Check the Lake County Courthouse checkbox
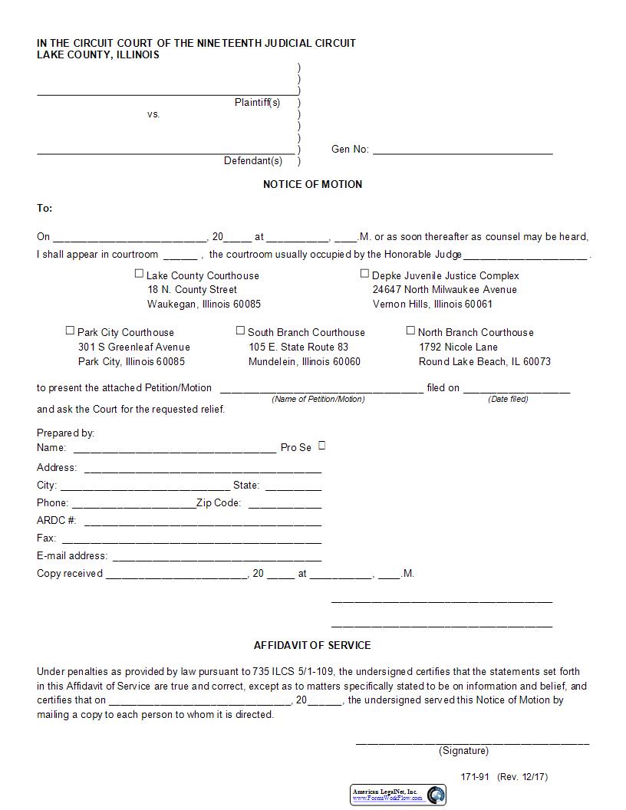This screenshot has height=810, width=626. [x=139, y=273]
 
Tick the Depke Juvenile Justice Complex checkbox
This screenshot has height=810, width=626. [x=365, y=273]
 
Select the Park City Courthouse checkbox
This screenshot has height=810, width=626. [x=70, y=331]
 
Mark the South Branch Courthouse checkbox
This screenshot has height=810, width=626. [x=240, y=331]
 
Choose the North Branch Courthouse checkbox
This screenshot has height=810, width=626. [x=410, y=331]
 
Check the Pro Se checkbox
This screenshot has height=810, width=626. [x=321, y=445]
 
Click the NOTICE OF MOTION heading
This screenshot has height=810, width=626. [x=312, y=184]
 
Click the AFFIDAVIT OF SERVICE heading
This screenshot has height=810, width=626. [x=312, y=645]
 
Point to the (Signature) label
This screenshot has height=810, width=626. [x=463, y=751]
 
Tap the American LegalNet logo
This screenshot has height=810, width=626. [x=398, y=795]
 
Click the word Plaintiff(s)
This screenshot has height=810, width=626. [x=257, y=102]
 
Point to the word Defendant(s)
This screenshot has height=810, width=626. [x=253, y=161]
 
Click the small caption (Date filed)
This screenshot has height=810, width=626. [x=508, y=399]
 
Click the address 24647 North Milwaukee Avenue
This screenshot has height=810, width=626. [x=444, y=289]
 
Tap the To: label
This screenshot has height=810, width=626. [x=44, y=209]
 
